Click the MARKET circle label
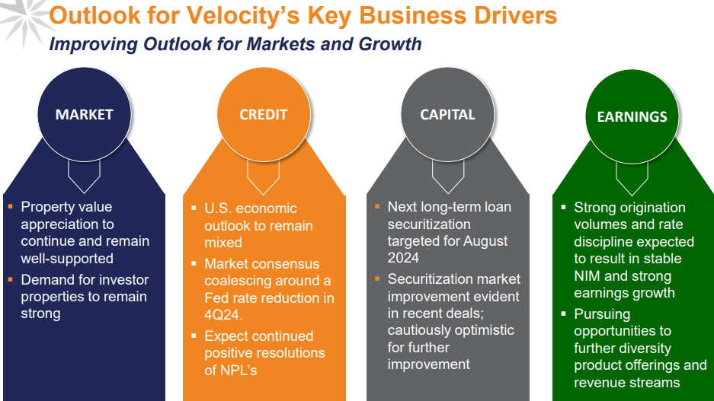pos(84,114)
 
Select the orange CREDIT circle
pos(263,114)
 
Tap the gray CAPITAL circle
pos(447,114)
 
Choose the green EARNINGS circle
pos(632,116)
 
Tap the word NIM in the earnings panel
pos(591,276)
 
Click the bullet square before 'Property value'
pos(10,207)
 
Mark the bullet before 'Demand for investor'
pos(10,280)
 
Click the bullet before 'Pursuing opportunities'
pos(563,313)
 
